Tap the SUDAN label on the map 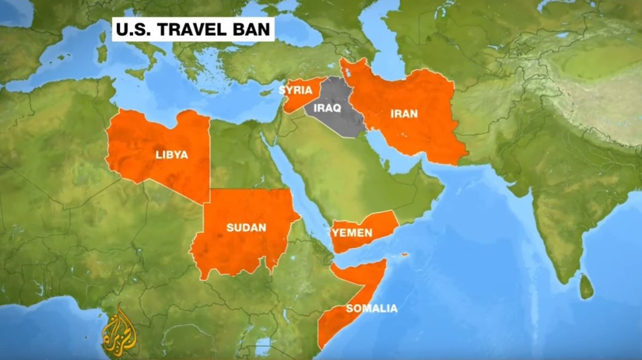point(247,227)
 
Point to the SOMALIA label point(371,309)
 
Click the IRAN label point(404,114)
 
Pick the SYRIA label point(296,90)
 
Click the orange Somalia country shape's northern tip point(383,262)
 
